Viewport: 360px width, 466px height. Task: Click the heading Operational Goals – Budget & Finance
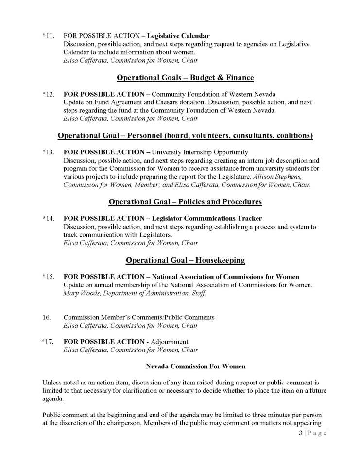[185, 77]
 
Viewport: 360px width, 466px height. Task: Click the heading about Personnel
[185, 135]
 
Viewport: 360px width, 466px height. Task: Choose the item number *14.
[48, 218]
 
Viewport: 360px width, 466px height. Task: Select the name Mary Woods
[79, 293]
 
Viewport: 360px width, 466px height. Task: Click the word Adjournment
[169, 342]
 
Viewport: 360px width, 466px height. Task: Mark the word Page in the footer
[317, 433]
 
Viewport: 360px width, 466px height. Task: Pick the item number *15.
[48, 277]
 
